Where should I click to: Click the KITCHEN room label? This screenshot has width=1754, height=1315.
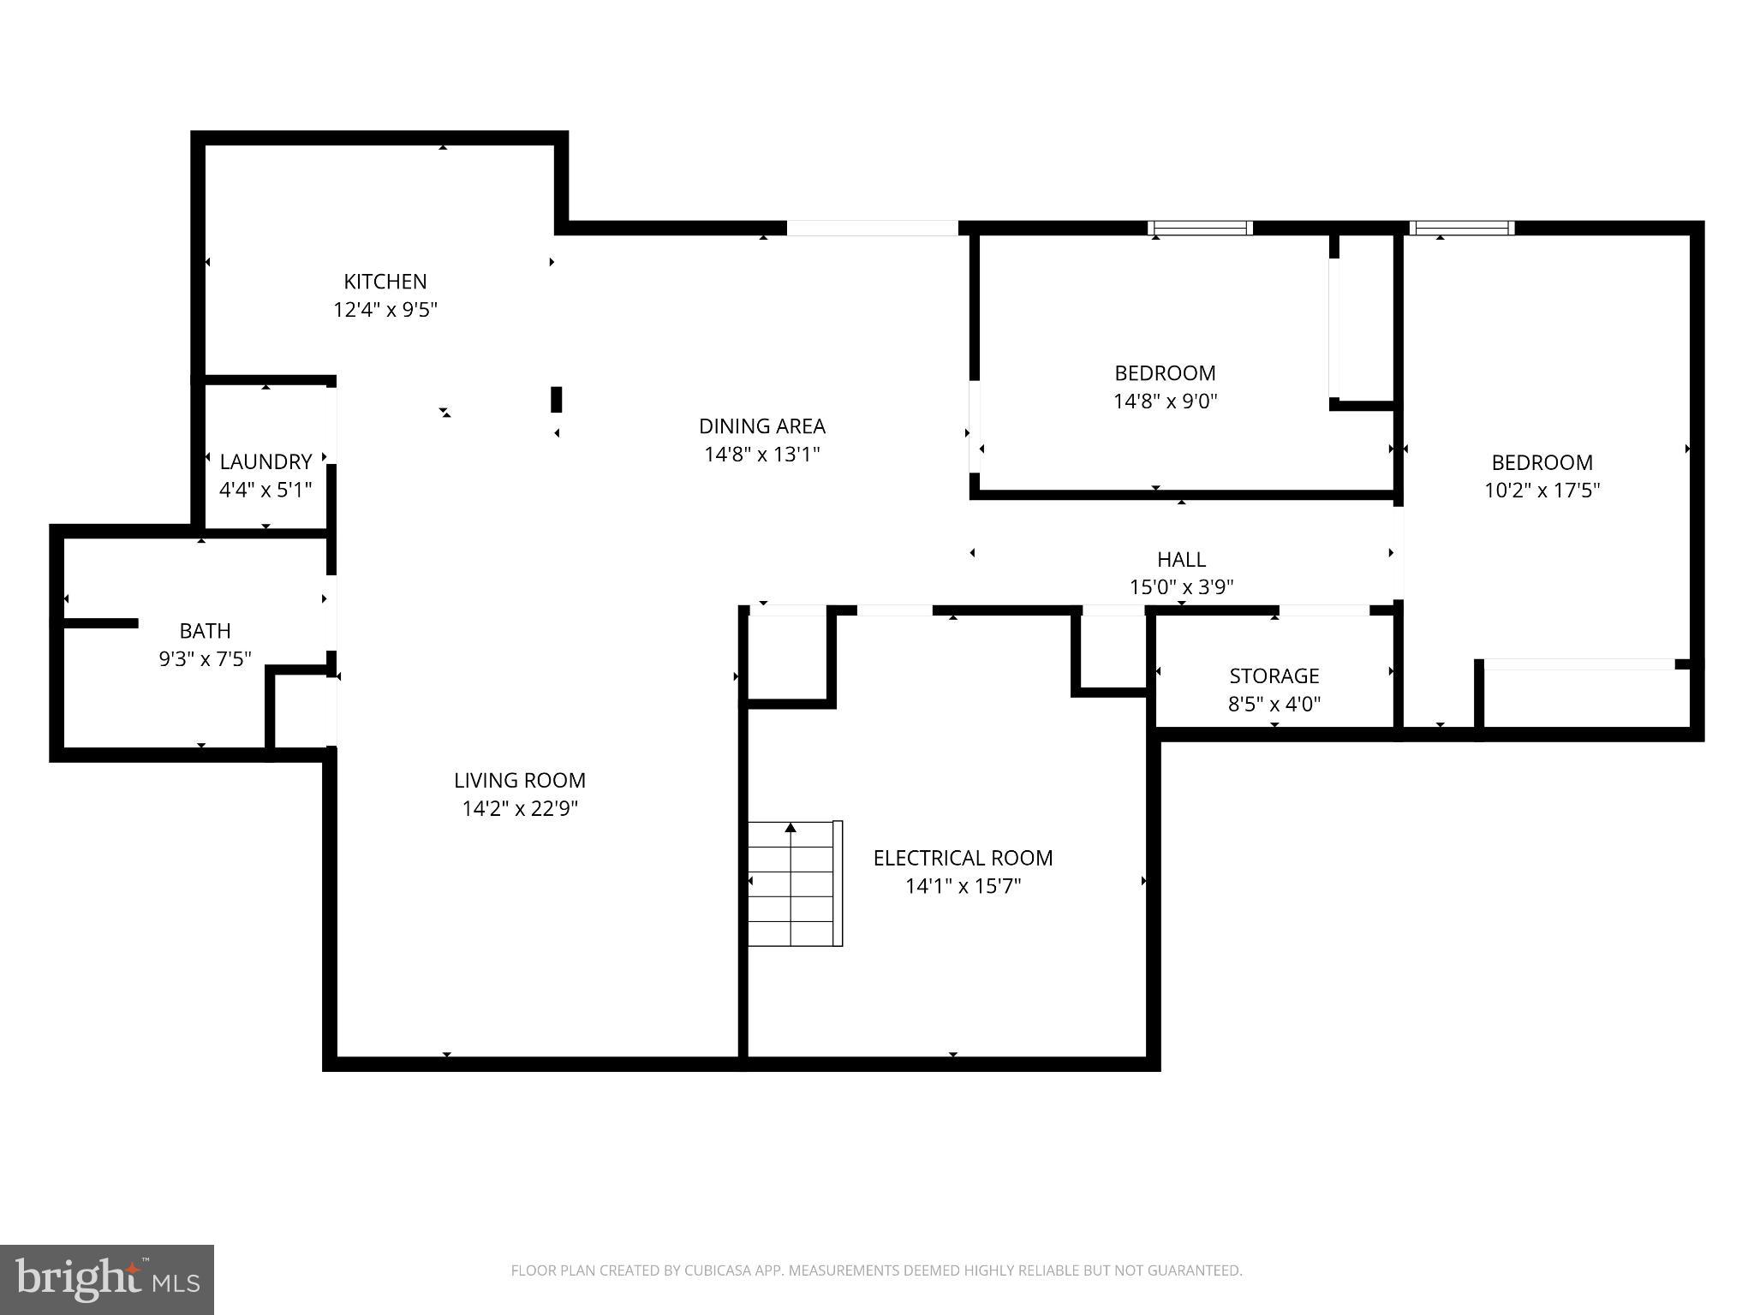pos(385,281)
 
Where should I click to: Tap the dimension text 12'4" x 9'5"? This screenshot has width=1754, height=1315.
pos(385,309)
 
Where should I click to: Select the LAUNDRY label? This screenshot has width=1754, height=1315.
pos(265,461)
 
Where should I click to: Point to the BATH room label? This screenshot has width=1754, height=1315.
pos(205,631)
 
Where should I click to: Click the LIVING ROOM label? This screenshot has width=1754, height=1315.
pos(519,780)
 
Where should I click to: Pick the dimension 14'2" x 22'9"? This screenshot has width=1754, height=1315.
pos(519,808)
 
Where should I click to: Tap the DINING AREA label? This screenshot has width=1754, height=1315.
pos(761,425)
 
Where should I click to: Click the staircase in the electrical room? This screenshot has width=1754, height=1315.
pos(792,884)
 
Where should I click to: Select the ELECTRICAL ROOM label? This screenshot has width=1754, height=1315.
pos(963,858)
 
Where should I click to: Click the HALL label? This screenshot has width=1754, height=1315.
pos(1181,559)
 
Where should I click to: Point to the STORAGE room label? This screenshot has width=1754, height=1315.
pos(1274,675)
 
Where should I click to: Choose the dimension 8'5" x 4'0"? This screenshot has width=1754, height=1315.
pos(1274,704)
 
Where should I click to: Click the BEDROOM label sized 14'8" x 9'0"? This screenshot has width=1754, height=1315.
pos(1165,373)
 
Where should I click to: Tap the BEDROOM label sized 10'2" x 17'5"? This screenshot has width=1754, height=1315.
pos(1542,462)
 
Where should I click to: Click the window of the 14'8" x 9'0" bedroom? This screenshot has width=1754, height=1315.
pos(1200,228)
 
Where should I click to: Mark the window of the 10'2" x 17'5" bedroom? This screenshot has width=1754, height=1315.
pos(1461,228)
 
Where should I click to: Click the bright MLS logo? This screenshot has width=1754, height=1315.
pos(107,1279)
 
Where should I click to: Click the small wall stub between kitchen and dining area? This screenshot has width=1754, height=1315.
pos(556,400)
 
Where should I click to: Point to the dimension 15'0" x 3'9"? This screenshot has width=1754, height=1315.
pos(1181,587)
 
